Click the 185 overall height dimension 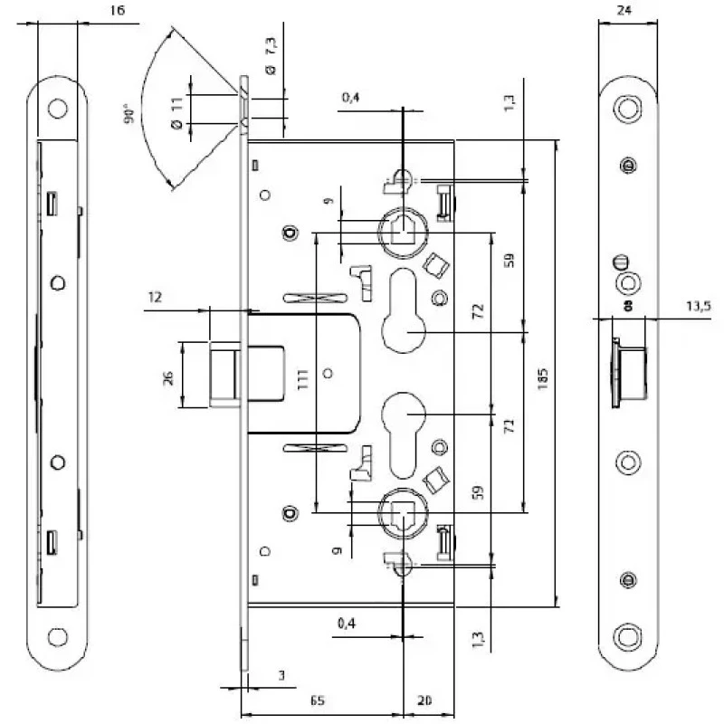[x=543, y=378]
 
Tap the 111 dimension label [x=302, y=379]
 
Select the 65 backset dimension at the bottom [x=317, y=700]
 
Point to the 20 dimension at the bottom [x=424, y=700]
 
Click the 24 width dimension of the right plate [x=624, y=10]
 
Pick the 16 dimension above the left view [x=118, y=10]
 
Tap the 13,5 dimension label [x=698, y=306]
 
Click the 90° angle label [x=129, y=115]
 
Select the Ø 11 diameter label [x=177, y=112]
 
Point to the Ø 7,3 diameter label [x=271, y=56]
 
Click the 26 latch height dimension [x=168, y=377]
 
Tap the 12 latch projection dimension [x=155, y=297]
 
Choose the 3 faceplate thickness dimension [x=281, y=675]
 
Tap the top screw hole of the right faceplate [x=627, y=109]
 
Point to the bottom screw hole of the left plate [x=58, y=637]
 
